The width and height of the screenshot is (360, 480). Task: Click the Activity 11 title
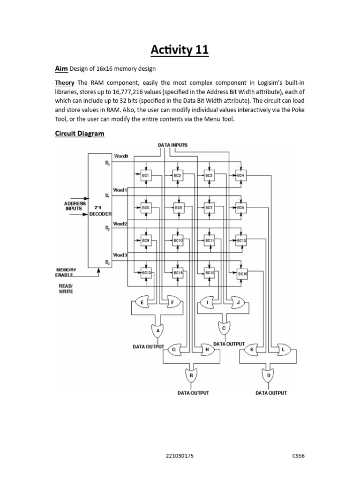click(180, 50)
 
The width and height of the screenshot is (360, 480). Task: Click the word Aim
click(61, 68)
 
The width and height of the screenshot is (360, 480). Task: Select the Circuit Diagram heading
click(80, 134)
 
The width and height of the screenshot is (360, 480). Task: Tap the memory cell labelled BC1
click(146, 176)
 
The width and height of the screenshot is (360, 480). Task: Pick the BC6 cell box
click(178, 208)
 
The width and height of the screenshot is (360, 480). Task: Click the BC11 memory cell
click(210, 240)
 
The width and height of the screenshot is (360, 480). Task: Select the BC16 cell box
click(242, 274)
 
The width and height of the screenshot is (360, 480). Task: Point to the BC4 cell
click(241, 176)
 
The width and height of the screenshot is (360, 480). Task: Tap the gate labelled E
click(142, 302)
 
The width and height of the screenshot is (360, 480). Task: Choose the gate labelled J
click(238, 302)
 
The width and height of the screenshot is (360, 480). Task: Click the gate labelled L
click(283, 350)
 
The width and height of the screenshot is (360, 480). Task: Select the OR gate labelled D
click(269, 375)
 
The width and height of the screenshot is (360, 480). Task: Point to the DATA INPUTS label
click(172, 145)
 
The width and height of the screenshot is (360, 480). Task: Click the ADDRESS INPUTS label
click(75, 206)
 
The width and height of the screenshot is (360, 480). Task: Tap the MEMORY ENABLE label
click(66, 272)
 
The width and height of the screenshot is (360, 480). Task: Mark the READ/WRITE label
click(66, 289)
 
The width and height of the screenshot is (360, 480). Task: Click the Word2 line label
click(120, 224)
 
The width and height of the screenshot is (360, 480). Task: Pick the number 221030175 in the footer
click(180, 456)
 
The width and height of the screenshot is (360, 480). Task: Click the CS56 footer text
click(299, 456)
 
